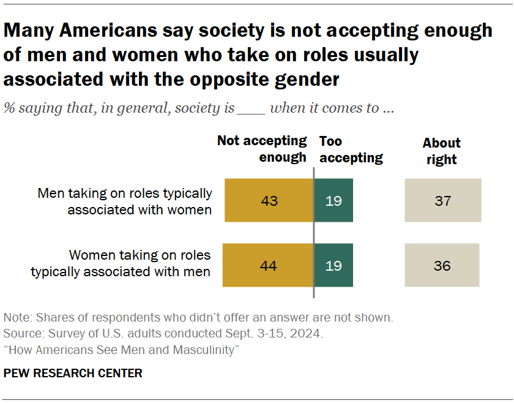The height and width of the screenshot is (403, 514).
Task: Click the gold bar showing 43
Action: point(269,200)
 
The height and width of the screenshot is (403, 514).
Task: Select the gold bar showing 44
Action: point(268,265)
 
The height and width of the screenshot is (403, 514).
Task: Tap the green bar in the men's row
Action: point(333,200)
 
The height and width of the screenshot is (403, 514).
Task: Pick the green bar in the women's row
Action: point(333,265)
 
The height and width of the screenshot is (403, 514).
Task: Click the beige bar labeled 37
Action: point(442,200)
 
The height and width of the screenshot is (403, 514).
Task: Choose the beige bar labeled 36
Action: point(442,265)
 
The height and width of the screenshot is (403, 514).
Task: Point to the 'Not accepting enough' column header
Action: point(263,149)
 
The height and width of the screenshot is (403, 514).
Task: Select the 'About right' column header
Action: point(441,151)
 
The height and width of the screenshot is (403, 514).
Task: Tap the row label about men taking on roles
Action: point(125,201)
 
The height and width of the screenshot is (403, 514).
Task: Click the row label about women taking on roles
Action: point(121,263)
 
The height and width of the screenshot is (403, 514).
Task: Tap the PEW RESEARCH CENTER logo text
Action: point(73,373)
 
